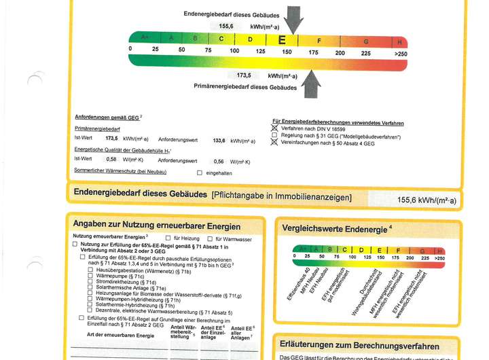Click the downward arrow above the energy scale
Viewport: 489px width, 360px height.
[293, 19]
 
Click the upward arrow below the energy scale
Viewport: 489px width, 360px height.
[310, 84]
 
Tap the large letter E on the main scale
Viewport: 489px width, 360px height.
[282, 40]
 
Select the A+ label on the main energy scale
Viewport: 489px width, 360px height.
[144, 38]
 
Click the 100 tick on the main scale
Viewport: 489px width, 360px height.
[234, 50]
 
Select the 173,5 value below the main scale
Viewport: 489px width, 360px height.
[244, 75]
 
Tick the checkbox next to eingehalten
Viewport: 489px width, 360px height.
[199, 173]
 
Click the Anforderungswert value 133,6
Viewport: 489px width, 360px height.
[219, 141]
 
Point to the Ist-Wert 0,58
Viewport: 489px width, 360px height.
[111, 159]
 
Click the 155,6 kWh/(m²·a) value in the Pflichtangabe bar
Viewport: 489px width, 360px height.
[427, 200]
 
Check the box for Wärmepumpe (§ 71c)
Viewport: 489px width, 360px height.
[90, 276]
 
